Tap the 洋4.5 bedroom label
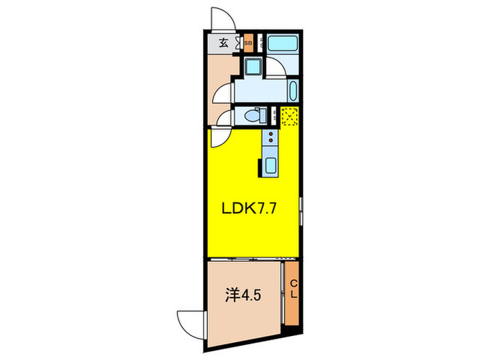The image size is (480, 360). [x=243, y=296]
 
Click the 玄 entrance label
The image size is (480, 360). [x=224, y=43]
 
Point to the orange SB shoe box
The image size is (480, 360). [x=248, y=43]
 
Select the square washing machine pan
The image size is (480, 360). [x=252, y=67]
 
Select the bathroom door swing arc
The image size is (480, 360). [x=276, y=67]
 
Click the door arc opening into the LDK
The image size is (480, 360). [x=220, y=137]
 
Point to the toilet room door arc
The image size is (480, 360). [x=224, y=118]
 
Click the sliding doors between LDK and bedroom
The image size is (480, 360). [x=247, y=259]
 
